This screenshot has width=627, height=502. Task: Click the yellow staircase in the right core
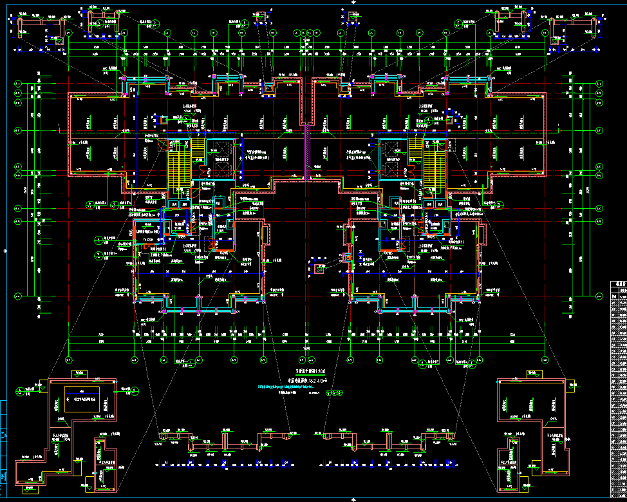coord(435,164)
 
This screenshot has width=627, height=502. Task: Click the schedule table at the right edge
coord(618,387)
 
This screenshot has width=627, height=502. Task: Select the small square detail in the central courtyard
coord(319,269)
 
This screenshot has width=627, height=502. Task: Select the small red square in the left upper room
coord(164,120)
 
